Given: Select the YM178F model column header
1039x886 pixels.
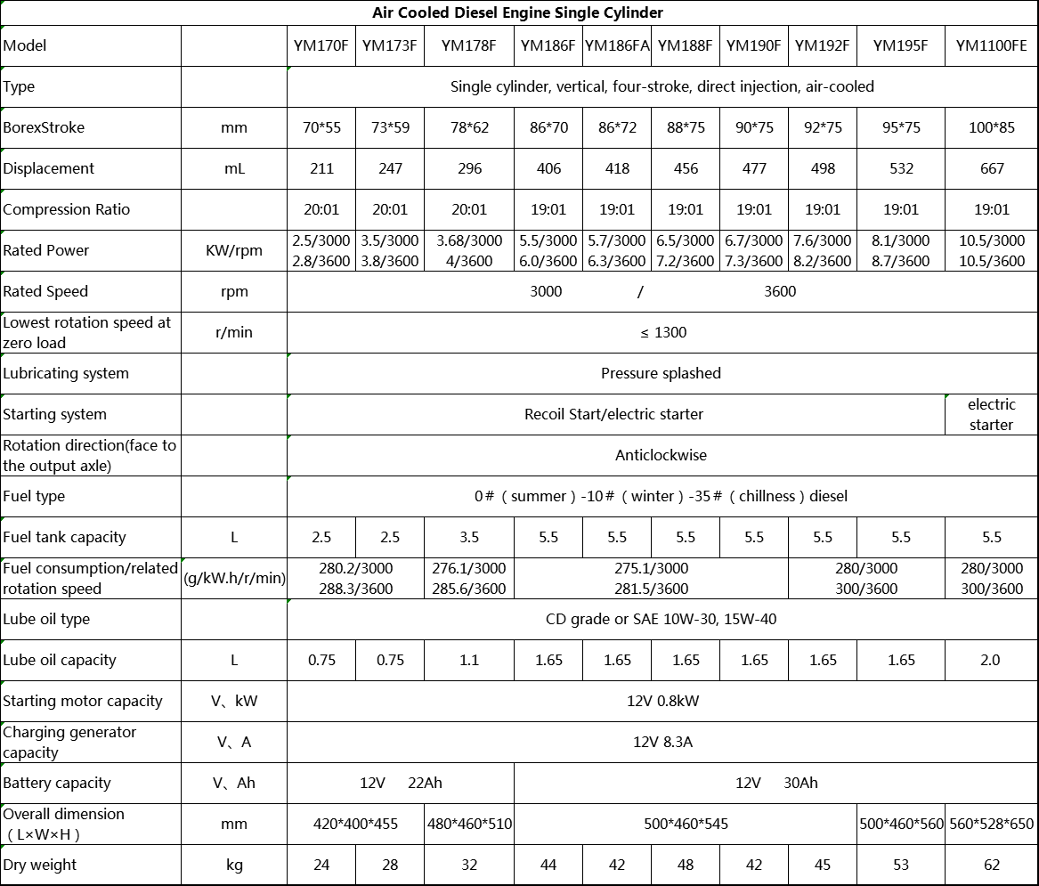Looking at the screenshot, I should [x=469, y=45].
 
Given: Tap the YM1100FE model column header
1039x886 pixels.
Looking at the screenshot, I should [x=991, y=45].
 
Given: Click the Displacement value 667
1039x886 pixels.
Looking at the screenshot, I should [x=991, y=168].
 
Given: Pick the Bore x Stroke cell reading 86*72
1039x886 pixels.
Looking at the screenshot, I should [x=617, y=127].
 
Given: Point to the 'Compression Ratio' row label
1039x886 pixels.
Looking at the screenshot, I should [x=67, y=209].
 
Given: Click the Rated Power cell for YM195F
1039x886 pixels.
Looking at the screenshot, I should [x=901, y=250].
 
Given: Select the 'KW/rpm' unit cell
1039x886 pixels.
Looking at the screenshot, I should [x=234, y=250].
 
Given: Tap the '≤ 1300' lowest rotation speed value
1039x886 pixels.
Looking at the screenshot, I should [x=662, y=332].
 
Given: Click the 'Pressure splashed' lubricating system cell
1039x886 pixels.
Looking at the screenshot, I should [x=661, y=373].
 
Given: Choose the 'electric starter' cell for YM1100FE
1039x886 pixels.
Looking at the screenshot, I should [x=991, y=414].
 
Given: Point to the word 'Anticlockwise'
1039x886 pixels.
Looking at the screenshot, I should [x=661, y=455].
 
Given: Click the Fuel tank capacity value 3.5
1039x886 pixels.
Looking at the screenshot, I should [x=469, y=537].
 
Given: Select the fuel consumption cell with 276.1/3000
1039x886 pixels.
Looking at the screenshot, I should [x=469, y=578].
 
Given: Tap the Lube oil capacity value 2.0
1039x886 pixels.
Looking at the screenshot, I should [x=990, y=660].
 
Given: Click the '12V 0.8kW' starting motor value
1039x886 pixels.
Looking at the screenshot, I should [x=662, y=701].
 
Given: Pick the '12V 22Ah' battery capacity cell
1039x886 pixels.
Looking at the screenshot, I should [x=401, y=783].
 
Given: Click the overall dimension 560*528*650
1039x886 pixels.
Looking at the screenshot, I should [x=991, y=824].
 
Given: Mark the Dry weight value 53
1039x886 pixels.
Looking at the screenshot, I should [x=901, y=865].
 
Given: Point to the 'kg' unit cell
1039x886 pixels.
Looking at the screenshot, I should [x=234, y=865].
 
